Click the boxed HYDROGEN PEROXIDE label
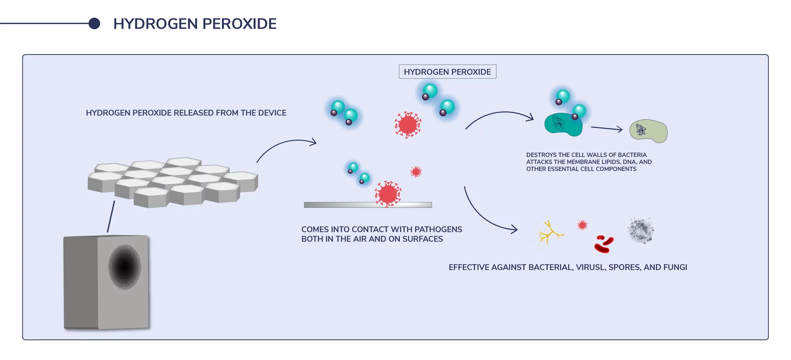[447, 72]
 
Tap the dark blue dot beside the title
[94, 24]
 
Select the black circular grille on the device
[125, 267]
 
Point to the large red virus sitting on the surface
[388, 193]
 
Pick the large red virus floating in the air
[408, 125]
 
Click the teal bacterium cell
[563, 125]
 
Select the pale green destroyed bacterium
[649, 131]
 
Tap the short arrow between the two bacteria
[606, 128]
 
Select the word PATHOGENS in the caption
[438, 230]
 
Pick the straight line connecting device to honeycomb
[111, 216]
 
